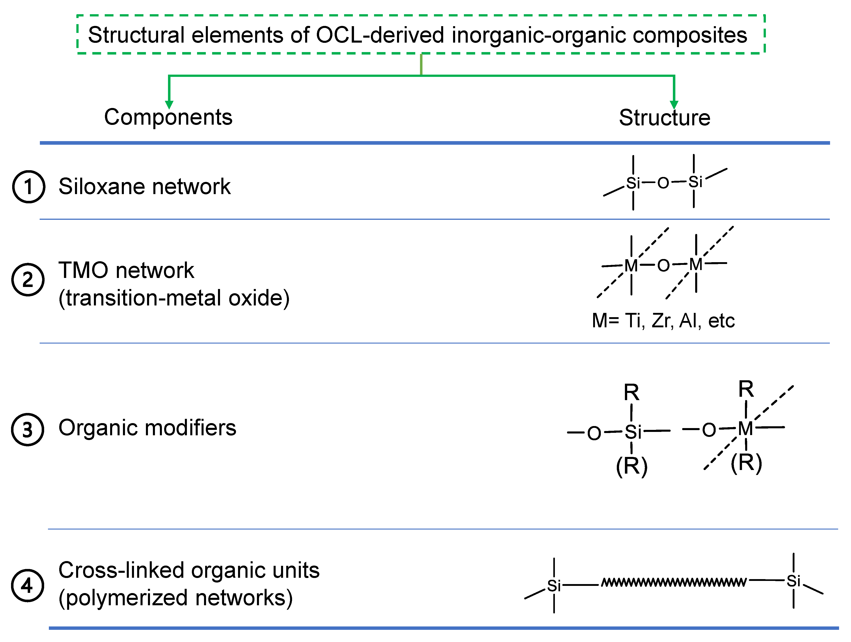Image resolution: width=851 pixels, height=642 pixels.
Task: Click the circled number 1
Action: click(28, 187)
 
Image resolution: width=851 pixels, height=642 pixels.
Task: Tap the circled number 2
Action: click(28, 280)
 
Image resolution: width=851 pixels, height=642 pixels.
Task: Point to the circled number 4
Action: click(27, 585)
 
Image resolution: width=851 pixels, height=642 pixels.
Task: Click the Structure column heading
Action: click(664, 118)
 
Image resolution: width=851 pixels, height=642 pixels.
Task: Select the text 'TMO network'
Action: click(126, 270)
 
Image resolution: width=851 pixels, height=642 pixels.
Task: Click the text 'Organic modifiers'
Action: click(147, 428)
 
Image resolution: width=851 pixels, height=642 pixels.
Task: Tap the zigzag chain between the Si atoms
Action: click(674, 582)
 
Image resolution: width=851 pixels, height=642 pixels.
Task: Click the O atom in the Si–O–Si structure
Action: click(663, 183)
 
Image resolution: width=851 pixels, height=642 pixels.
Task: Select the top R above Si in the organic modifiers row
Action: click(631, 393)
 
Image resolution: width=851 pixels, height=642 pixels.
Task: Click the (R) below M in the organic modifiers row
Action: click(746, 463)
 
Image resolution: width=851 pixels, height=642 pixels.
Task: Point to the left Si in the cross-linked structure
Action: click(554, 586)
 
